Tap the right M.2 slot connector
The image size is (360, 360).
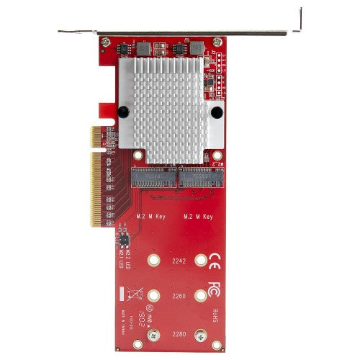(198, 177)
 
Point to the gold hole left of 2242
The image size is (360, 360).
(153, 263)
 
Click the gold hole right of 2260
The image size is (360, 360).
(199, 294)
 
